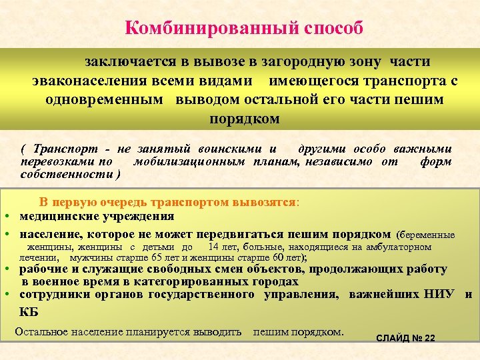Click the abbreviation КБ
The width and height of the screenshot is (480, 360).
click(29, 311)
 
